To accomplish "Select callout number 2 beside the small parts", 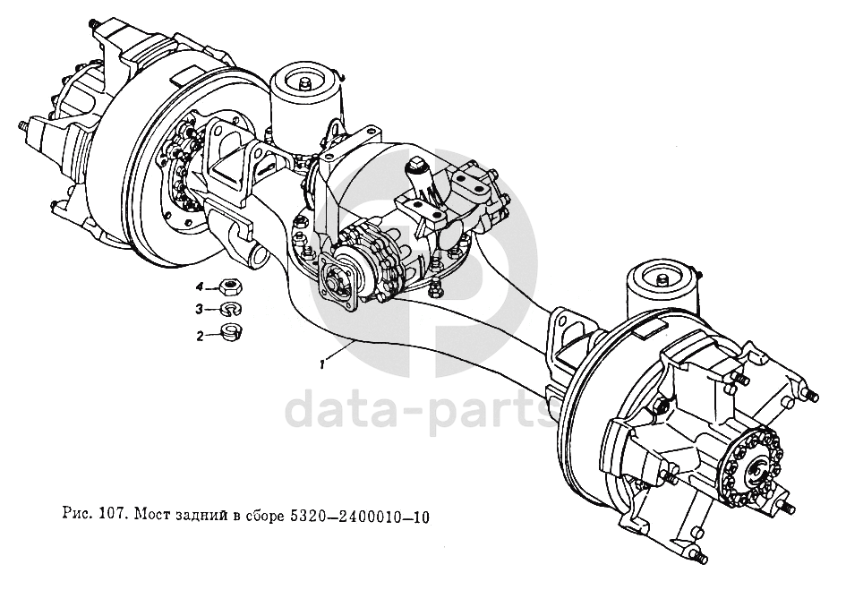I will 200,336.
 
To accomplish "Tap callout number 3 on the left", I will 200,311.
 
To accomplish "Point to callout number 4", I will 200,286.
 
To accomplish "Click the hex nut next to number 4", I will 231,286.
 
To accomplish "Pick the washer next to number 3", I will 231,311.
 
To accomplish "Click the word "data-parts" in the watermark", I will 421,410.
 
